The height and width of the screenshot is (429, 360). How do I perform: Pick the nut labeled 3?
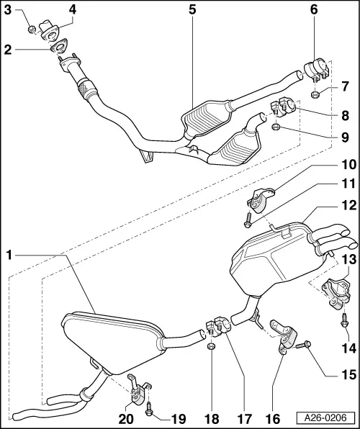[32, 29]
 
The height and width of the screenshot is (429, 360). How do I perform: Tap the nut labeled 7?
[315, 94]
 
